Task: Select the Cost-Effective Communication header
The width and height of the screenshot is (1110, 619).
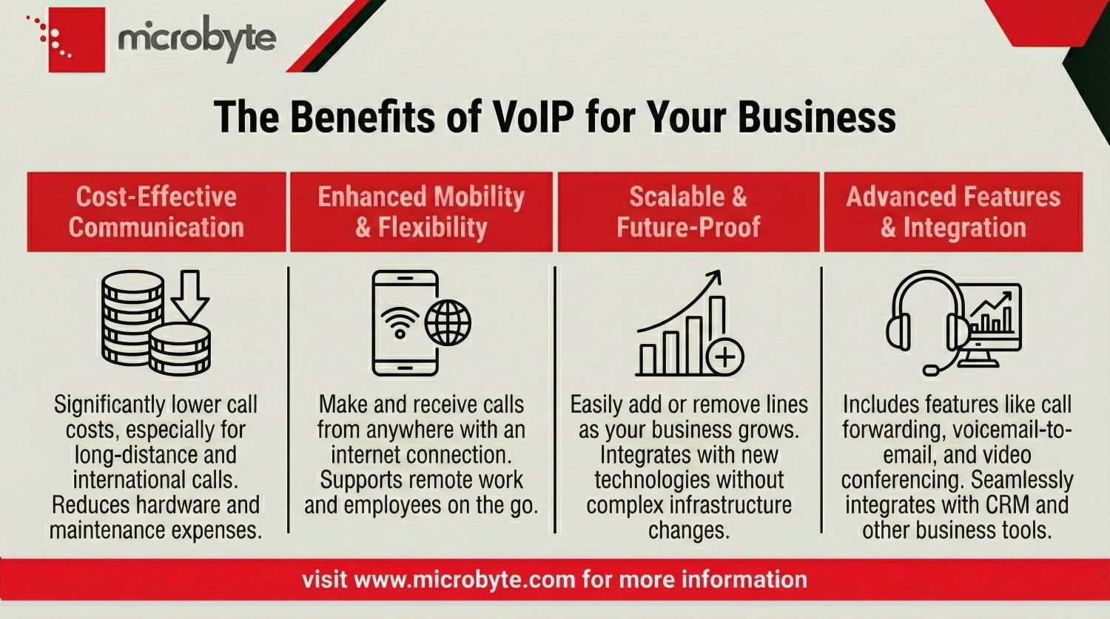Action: [156, 212]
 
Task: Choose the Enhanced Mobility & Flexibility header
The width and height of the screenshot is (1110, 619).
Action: [421, 212]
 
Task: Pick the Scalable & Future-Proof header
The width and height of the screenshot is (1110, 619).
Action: [688, 212]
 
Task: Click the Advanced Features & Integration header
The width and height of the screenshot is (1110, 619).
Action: [953, 212]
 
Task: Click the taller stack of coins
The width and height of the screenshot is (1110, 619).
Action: [132, 317]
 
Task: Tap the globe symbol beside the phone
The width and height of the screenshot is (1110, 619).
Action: [448, 322]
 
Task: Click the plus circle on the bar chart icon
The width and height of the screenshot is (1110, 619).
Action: [725, 358]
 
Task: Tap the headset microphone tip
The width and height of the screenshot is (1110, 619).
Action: [930, 369]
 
